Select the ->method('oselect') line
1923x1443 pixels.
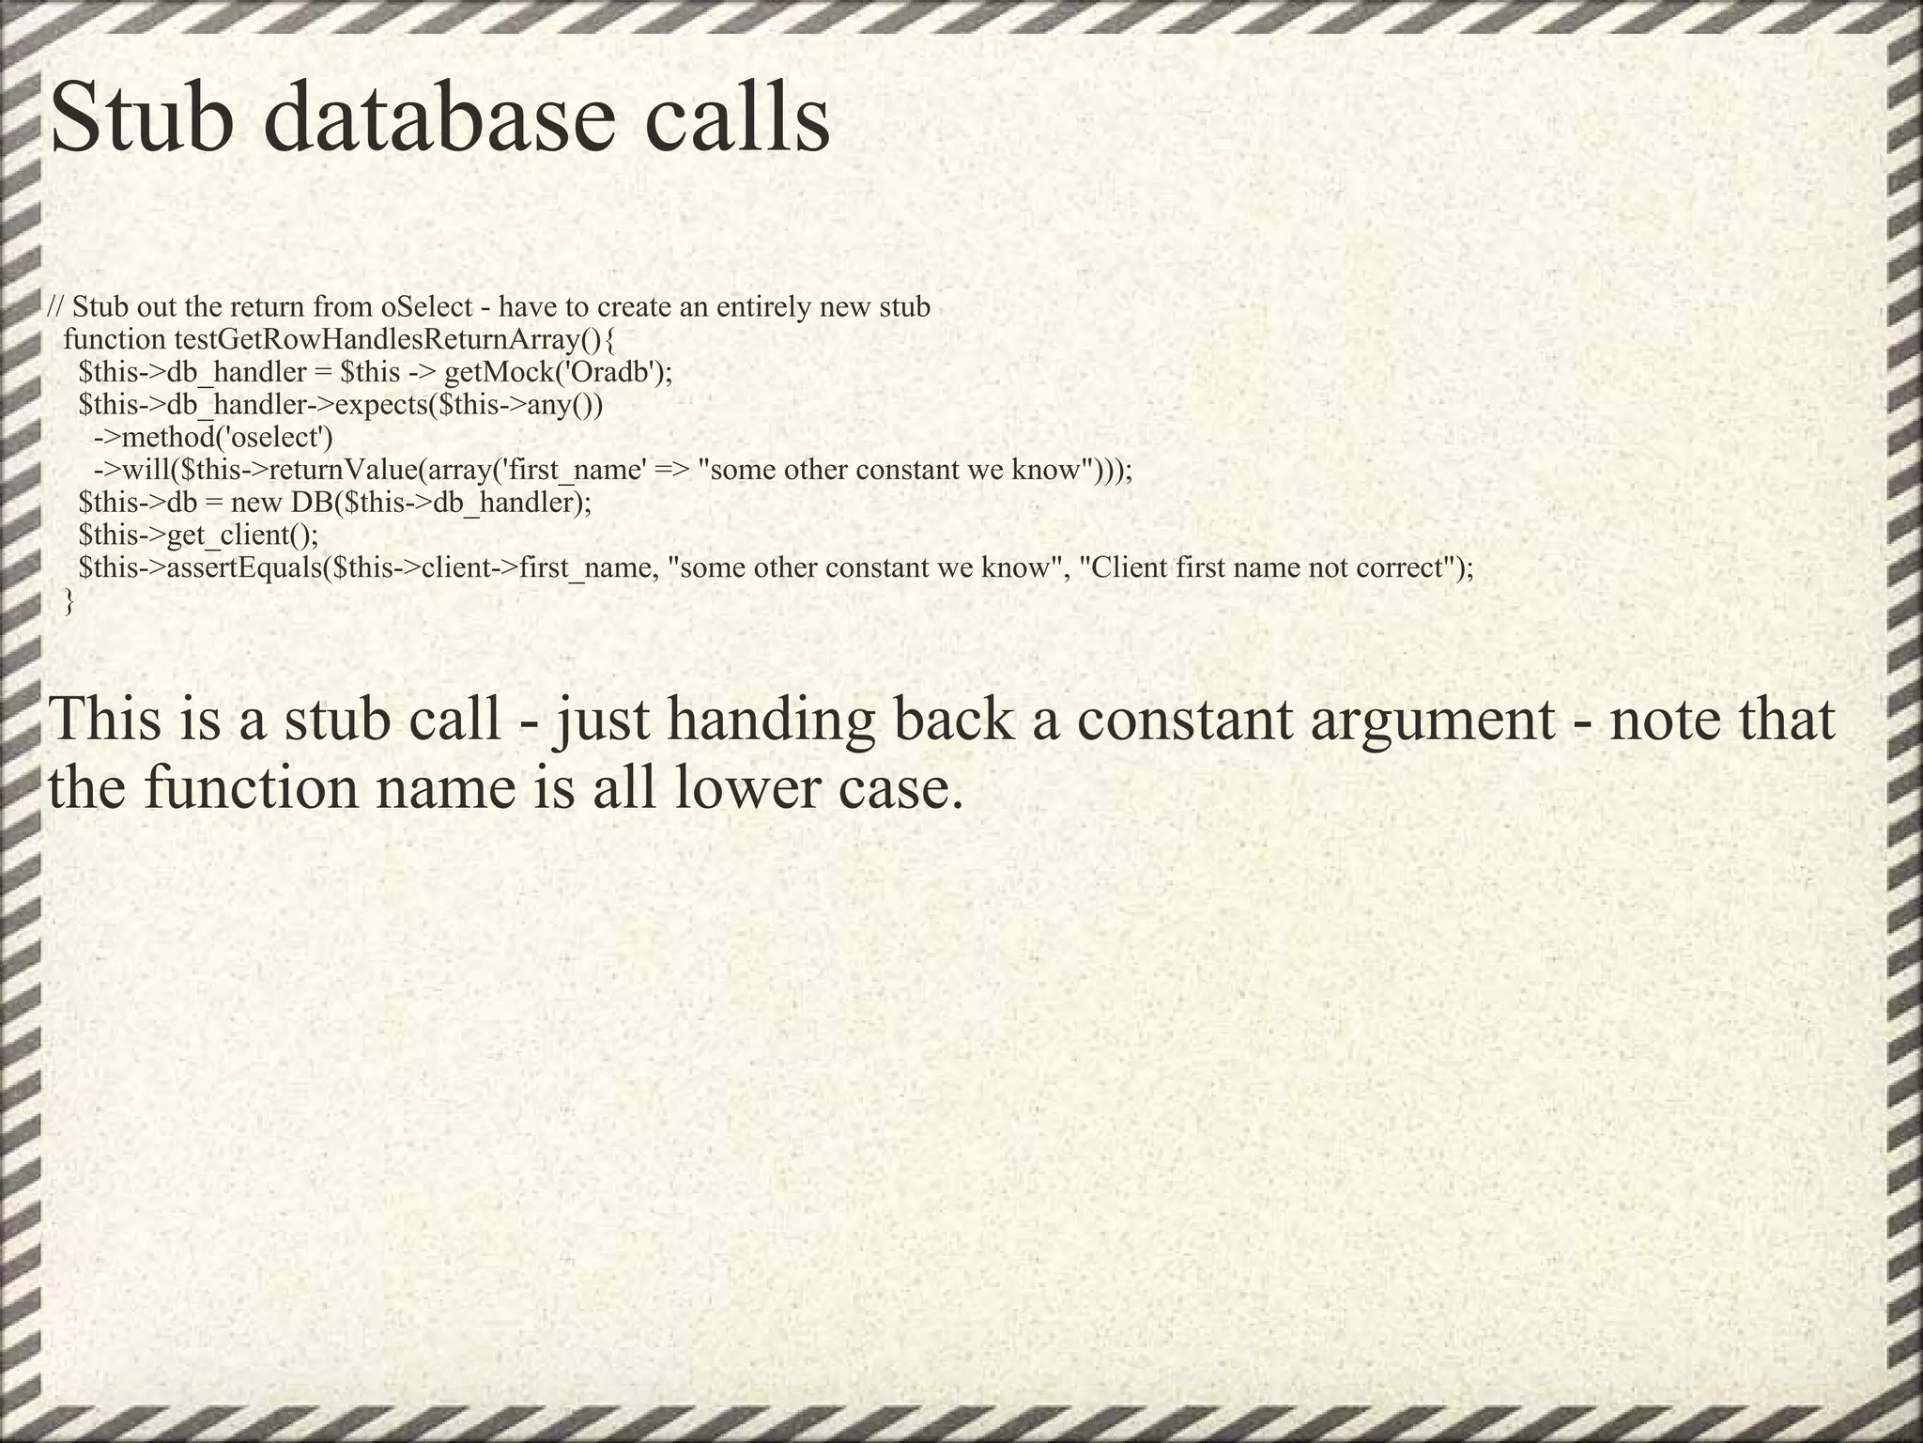213,437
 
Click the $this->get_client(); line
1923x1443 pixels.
199,535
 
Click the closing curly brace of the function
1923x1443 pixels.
68,601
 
